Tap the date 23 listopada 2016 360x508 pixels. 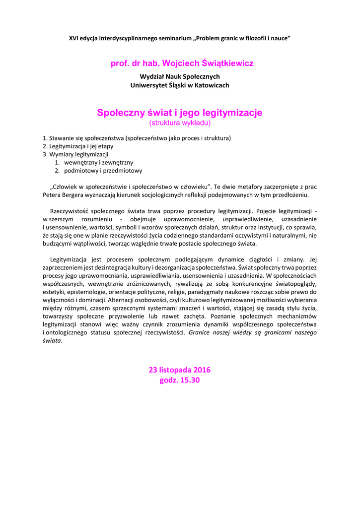180,370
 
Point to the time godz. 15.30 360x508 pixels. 180,380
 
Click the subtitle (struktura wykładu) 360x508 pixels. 180,123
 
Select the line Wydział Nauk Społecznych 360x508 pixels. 180,76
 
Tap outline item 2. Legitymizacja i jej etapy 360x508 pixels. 78,146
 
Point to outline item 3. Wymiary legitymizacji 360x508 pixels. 75,154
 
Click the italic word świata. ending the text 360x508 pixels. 52,341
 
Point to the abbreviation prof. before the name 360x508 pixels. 120,63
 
